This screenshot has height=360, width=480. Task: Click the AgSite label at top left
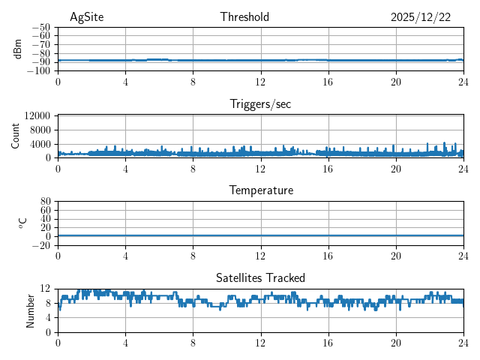pos(87,17)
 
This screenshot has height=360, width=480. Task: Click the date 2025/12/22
pos(421,17)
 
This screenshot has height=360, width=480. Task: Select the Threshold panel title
pos(244,17)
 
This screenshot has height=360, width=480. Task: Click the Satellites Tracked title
pos(260,277)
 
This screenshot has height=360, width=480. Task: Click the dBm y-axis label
pos(18,49)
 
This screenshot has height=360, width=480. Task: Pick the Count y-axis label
pos(16,136)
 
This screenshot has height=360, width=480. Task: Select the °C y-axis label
pos(22,223)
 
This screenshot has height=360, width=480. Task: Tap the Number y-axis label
pos(30,310)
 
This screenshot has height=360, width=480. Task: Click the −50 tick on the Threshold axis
pos(42,27)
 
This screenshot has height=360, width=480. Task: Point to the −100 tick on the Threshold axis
pos(40,70)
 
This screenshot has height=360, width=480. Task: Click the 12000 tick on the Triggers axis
pos(37,115)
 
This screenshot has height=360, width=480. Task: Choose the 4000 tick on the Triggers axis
pos(40,144)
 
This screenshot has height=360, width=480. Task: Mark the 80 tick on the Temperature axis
pos(46,202)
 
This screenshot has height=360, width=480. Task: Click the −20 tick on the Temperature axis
pos(42,245)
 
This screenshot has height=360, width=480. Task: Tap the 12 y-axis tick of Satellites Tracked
pos(46,289)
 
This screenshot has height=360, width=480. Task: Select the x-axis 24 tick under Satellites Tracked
pos(463,342)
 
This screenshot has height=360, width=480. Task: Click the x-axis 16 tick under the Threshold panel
pos(328,81)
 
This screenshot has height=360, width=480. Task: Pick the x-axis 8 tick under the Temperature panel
pos(193,255)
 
